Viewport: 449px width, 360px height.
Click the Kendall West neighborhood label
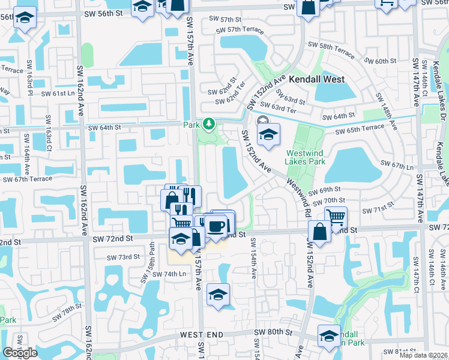(316, 79)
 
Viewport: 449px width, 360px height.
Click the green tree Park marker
(209, 124)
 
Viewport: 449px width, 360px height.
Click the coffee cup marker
(217, 226)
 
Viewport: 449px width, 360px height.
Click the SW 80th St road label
(273, 332)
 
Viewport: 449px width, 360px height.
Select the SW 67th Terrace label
(28, 179)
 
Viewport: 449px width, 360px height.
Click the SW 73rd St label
(123, 257)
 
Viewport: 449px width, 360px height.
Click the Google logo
(20, 353)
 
